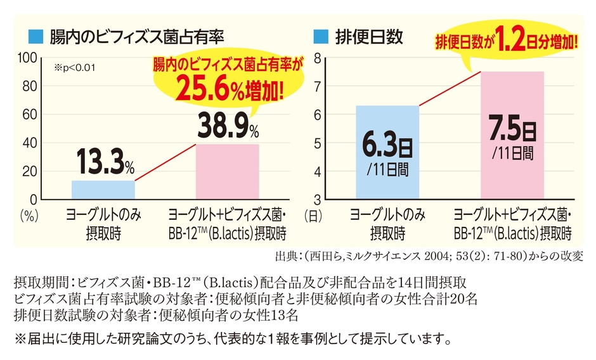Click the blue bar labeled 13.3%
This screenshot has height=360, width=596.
point(103,190)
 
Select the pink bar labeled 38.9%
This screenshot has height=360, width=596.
point(228,172)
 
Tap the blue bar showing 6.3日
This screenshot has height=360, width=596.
point(387,152)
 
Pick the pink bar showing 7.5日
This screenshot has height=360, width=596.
point(512,136)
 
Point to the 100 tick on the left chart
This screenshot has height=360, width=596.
point(29,58)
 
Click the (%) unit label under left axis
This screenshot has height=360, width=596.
point(30,215)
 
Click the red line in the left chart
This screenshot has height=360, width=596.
point(165,162)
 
